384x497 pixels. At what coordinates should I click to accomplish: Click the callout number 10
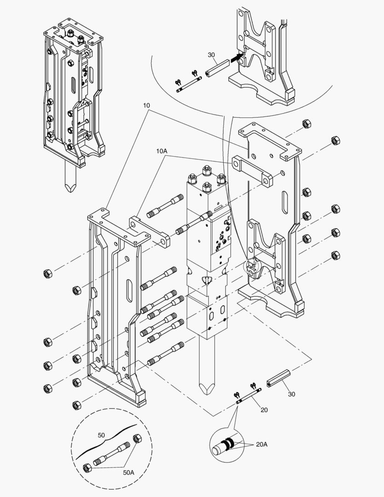click(146, 105)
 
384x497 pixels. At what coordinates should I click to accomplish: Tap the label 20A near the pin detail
click(261, 444)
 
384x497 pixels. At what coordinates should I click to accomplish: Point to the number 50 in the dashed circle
click(102, 434)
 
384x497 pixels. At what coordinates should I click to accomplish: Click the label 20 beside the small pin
click(264, 410)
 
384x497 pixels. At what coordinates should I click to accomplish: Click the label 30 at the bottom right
click(292, 394)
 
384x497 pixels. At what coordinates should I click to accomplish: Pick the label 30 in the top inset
click(211, 55)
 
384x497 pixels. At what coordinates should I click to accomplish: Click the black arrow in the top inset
click(235, 58)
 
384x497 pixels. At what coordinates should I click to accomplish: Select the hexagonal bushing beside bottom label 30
click(277, 378)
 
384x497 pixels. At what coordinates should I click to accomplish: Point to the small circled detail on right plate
click(252, 266)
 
